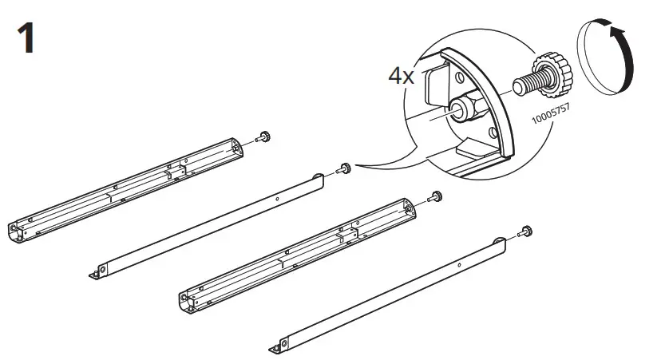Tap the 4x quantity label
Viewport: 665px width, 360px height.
pos(402,76)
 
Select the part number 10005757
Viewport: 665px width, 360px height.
pos(556,113)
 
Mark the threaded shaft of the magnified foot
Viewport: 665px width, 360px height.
pos(528,82)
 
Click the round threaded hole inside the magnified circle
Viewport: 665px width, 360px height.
pos(461,110)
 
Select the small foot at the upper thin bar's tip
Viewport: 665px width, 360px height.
pos(345,168)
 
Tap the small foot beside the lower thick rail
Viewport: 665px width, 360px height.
pos(436,196)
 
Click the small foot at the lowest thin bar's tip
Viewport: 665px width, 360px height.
pos(526,232)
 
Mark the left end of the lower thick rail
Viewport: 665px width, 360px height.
pos(186,301)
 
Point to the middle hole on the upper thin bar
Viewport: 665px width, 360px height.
pos(276,196)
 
